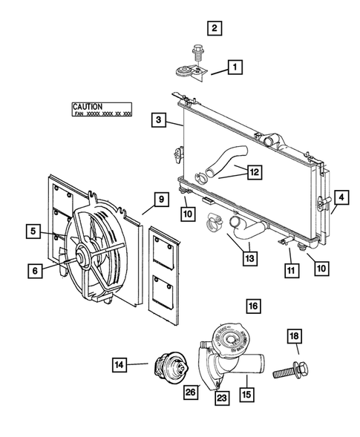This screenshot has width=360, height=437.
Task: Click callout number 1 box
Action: click(x=234, y=70)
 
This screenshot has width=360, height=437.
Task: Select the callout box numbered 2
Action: click(x=214, y=29)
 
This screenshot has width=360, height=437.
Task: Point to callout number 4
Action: click(x=341, y=198)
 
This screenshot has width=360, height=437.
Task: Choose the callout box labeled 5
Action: click(x=35, y=231)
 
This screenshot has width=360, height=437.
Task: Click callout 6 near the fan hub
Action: click(x=35, y=272)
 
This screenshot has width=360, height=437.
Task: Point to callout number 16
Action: click(x=254, y=306)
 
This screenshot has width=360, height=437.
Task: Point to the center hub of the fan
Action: click(x=79, y=260)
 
